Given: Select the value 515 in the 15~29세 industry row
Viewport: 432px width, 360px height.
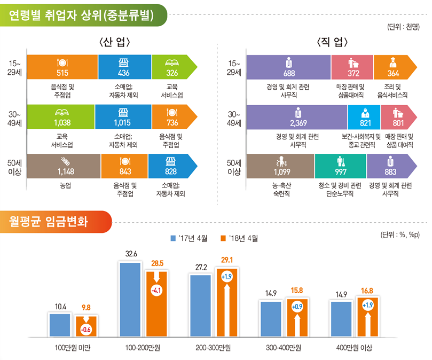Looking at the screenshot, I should pyautogui.click(x=62, y=73).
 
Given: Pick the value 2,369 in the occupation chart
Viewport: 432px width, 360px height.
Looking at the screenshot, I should pyautogui.click(x=298, y=123).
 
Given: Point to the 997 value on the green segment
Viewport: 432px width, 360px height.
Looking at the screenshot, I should pyautogui.click(x=340, y=172).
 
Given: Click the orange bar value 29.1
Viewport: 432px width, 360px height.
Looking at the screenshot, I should pyautogui.click(x=226, y=260).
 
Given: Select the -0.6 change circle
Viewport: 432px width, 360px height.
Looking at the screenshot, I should pyautogui.click(x=85, y=329).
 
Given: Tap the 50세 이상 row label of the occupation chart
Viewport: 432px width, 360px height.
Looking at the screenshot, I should pyautogui.click(x=234, y=167).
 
